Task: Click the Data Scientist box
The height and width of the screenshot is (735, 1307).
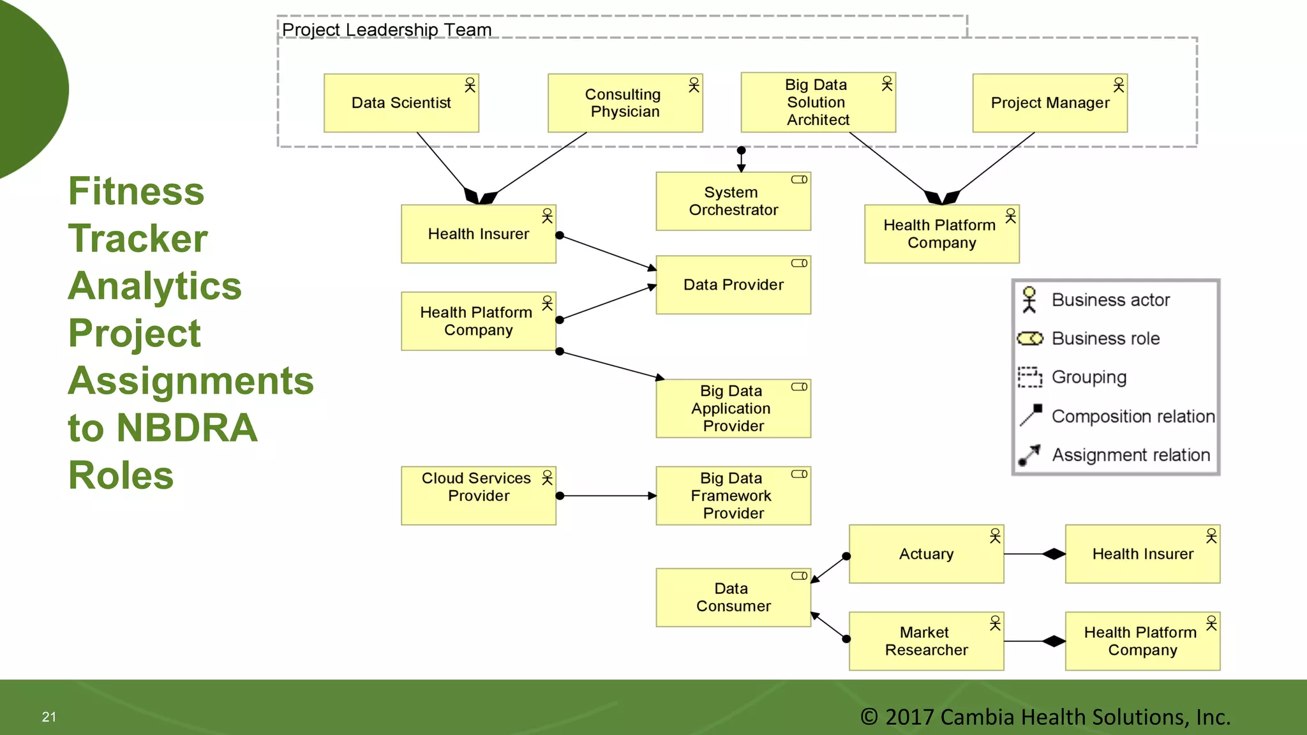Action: (401, 103)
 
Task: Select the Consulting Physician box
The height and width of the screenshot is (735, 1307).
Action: (625, 103)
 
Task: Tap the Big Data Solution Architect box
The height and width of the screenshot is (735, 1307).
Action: (818, 103)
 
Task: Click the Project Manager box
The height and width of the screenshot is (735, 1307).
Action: (1049, 103)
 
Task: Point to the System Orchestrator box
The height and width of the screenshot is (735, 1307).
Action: (733, 202)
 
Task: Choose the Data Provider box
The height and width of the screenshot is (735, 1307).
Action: (733, 285)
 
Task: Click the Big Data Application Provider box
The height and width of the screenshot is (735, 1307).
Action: (733, 408)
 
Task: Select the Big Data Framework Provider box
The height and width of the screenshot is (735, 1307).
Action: (733, 496)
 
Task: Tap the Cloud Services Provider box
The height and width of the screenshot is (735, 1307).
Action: (478, 496)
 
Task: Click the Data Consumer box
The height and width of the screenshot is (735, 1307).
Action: (733, 598)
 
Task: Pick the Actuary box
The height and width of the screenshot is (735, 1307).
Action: (925, 554)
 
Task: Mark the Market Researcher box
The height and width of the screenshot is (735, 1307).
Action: (925, 641)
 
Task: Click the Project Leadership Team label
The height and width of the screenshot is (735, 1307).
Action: (387, 30)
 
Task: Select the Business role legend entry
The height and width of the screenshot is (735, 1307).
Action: (1105, 339)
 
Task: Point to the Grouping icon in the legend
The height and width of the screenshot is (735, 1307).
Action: (1029, 377)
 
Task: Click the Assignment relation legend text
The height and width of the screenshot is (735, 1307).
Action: (1130, 455)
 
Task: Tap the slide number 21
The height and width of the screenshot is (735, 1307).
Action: (49, 717)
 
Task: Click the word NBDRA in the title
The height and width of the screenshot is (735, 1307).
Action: (187, 428)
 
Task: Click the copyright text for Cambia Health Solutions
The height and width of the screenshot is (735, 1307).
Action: (1045, 717)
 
